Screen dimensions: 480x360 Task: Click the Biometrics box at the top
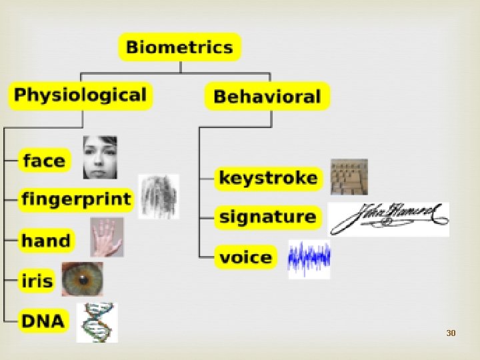point(179,47)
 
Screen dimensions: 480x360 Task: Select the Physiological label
point(80,95)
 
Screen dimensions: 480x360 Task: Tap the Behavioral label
point(267,97)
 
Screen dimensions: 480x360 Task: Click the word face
point(44,161)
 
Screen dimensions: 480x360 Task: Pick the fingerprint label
point(76,199)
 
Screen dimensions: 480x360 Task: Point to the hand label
point(45,240)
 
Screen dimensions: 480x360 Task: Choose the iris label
point(37,280)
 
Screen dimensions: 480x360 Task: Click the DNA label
point(43,321)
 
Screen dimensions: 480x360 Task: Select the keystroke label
point(268,178)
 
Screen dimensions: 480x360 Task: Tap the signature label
point(267,217)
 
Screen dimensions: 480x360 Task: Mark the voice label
point(246,257)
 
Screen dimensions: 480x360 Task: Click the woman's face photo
point(100,157)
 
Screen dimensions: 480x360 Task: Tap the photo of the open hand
point(107,237)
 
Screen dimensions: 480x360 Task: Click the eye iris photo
point(83,279)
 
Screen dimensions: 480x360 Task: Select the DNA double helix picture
point(97,322)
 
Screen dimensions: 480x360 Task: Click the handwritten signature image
point(389,218)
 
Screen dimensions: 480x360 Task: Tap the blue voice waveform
point(309,259)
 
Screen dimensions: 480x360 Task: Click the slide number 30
point(451,332)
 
